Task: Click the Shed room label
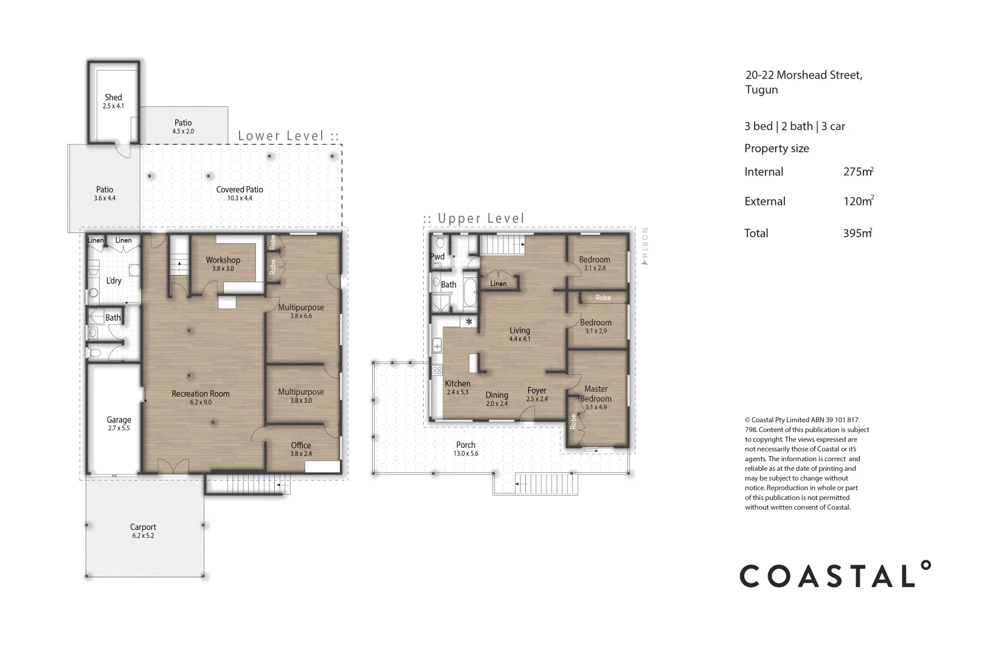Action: (113, 97)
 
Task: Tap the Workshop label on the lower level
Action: (223, 260)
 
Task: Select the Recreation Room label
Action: (201, 394)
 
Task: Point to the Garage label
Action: (119, 420)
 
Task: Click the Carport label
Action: (143, 527)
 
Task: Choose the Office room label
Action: (301, 445)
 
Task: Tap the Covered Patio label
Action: (240, 190)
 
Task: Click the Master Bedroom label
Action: (596, 394)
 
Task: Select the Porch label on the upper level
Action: (466, 445)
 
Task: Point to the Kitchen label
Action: (457, 384)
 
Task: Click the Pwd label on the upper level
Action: (437, 257)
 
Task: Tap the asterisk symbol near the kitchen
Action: (469, 321)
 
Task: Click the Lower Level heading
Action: (288, 136)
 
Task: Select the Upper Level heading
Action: (474, 218)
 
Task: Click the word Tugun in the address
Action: (761, 90)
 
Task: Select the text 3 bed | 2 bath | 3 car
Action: (795, 127)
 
